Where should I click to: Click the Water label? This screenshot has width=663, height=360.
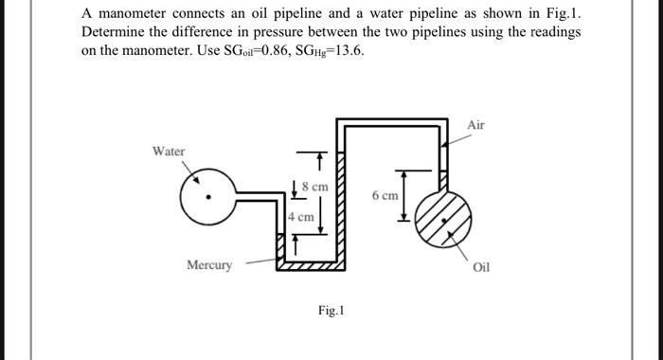(x=170, y=152)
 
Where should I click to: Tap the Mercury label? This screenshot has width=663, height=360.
(x=208, y=265)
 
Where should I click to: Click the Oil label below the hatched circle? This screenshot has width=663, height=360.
(x=480, y=266)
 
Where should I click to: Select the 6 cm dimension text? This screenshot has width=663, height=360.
(x=385, y=195)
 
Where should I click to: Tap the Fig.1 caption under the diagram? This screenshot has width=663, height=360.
(x=331, y=310)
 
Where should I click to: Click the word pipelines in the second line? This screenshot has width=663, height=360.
(x=439, y=31)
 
